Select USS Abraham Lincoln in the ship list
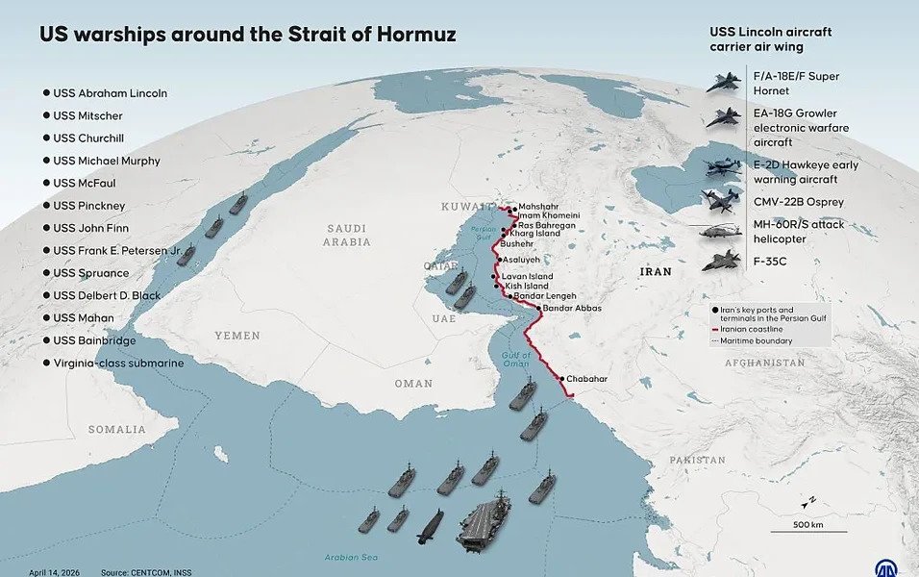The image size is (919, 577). [x=110, y=93]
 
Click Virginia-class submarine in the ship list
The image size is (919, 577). [x=118, y=364]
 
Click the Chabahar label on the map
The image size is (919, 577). [x=586, y=379]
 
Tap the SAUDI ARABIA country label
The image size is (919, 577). [x=348, y=236]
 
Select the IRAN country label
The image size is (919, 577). [x=656, y=272]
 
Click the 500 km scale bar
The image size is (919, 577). [x=807, y=531]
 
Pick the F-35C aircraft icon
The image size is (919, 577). [x=722, y=261]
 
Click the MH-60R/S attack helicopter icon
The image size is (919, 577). [x=721, y=231]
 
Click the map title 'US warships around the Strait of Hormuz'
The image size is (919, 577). [x=247, y=36]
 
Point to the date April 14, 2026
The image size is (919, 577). [x=54, y=572]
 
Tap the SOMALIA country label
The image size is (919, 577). [x=117, y=429]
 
